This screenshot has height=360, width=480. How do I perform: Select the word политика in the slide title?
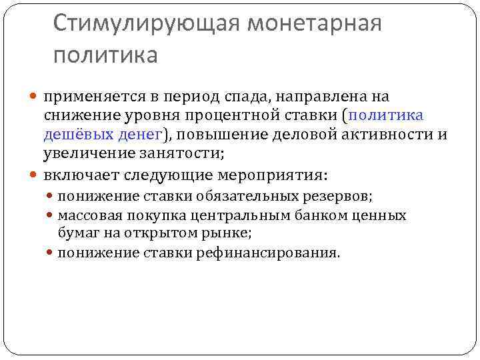(105, 55)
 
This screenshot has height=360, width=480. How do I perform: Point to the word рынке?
(229, 233)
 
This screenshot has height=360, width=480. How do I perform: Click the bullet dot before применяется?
(35, 97)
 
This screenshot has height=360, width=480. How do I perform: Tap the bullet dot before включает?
(35, 175)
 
